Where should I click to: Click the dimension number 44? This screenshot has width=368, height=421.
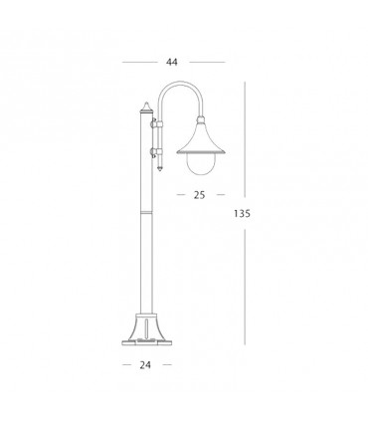tap(172, 62)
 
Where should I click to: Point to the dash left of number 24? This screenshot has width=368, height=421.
tap(127, 364)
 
